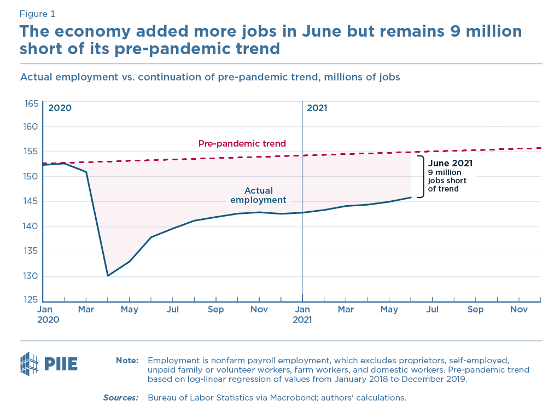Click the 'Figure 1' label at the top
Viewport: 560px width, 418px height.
point(37,14)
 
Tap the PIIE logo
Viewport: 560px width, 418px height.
point(49,363)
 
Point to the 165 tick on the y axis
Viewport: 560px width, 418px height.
point(31,103)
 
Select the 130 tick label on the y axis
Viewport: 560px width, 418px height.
point(31,276)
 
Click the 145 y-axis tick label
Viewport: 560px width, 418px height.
point(31,201)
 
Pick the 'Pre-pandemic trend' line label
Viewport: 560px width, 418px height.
point(242,144)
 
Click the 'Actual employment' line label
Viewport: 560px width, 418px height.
point(259,195)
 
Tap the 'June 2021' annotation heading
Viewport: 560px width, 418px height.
point(450,163)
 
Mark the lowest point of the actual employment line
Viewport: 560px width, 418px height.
point(108,275)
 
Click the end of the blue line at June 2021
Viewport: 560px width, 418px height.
point(411,198)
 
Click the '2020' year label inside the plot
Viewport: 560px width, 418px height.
point(60,108)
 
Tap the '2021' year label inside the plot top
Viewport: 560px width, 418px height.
point(317,108)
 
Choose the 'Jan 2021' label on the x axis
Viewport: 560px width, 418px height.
point(302,315)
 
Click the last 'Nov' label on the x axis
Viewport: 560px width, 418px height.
point(519,310)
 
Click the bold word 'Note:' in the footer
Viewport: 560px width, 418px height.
point(127,361)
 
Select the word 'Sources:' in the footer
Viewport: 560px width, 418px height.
point(121,398)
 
